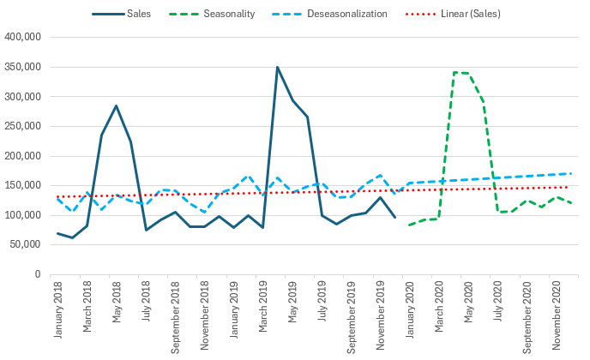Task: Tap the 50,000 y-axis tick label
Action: (24, 244)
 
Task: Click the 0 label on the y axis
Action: (37, 274)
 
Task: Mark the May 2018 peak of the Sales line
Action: (116, 105)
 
